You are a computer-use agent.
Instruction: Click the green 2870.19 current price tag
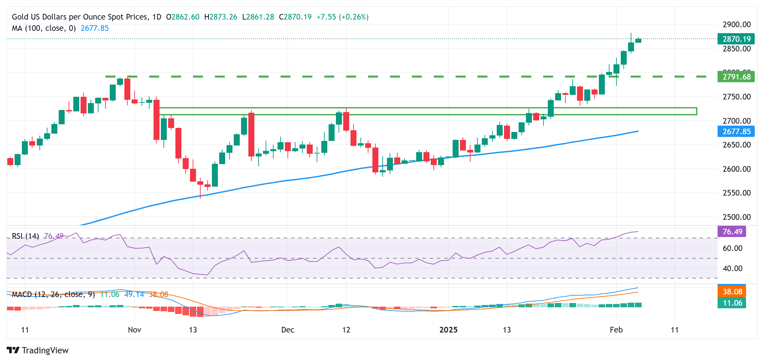736,39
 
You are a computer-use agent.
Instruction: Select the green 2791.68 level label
736,77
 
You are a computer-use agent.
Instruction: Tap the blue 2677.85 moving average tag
736,132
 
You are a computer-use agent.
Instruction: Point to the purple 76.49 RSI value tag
732,231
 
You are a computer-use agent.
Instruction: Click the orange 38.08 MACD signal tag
732,292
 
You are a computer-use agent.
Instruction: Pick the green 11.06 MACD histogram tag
732,303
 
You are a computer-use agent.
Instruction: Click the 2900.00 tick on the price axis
736,25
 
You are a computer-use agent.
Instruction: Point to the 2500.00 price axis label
736,217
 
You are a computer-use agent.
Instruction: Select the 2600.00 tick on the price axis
736,169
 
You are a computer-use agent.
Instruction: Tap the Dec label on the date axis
287,330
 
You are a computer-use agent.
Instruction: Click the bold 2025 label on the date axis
448,330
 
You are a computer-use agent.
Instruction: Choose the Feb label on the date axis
616,330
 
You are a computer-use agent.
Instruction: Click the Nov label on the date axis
134,330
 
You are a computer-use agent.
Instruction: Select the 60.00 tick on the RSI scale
732,248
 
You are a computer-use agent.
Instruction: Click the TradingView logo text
45,350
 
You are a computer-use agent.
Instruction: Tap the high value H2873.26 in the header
221,17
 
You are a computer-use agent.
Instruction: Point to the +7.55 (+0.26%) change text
343,17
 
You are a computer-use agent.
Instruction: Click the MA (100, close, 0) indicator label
44,28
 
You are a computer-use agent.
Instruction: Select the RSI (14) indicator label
26,236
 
